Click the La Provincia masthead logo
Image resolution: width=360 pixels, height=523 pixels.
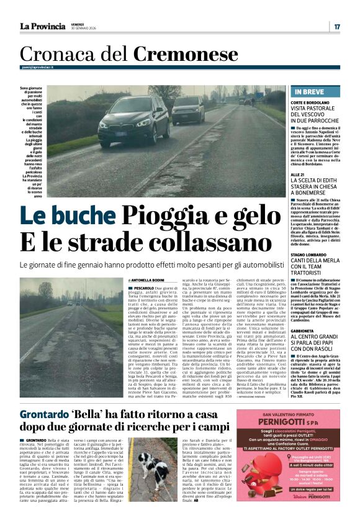(43, 26)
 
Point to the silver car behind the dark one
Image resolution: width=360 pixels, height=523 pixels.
(188, 109)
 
